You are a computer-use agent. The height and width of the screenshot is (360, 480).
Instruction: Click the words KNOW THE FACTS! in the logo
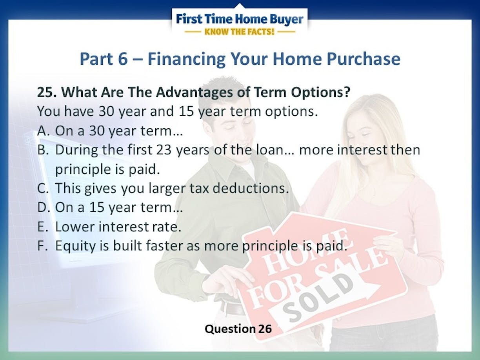coord(239,32)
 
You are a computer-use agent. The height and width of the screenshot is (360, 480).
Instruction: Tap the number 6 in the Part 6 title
coord(123,59)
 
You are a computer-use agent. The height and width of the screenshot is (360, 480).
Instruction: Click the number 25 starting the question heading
coord(47,92)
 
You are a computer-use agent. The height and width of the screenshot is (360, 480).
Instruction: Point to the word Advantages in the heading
coord(194,93)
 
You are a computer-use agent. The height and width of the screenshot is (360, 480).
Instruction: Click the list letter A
coord(42,131)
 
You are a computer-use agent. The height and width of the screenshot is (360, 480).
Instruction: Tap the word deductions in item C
coord(251,188)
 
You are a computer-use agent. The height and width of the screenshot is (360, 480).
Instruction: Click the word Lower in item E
coord(75,227)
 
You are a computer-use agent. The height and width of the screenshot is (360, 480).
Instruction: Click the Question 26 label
coord(238,329)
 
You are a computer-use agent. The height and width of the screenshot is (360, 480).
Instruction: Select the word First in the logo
coord(189,19)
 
